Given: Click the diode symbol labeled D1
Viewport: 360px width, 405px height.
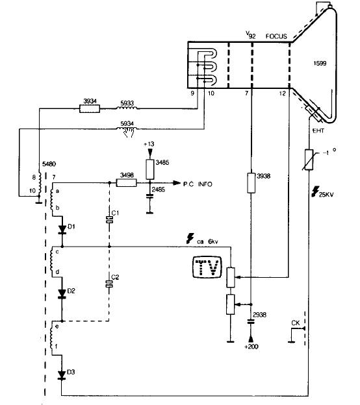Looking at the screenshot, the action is coord(62,229).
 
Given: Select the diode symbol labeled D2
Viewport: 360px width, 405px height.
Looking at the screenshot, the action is coord(62,293).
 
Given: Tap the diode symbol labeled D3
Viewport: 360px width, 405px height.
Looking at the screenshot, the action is coord(62,374).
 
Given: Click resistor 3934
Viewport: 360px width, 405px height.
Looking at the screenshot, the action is coord(90,109).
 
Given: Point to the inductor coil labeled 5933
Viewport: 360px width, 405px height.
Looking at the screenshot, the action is coord(127,108).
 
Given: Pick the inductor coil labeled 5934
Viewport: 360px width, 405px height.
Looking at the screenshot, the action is coord(127,129).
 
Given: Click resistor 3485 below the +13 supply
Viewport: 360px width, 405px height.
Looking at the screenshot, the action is coord(150,169).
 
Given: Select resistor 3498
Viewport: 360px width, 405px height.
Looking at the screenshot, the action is coord(126,183).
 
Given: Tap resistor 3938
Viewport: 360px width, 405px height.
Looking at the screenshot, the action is coord(251,183).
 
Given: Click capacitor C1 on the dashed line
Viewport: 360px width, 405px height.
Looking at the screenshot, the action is coord(109,220).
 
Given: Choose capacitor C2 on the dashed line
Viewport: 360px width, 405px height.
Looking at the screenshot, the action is coord(109,284).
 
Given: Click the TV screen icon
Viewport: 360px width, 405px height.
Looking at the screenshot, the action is coord(207,267).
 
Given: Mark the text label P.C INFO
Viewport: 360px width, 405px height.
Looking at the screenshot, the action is coord(198,184).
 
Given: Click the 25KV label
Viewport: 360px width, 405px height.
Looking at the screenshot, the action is coord(326,194).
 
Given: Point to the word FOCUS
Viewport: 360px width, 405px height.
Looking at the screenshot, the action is coord(276,36).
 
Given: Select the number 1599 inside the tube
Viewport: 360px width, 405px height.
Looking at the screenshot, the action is coord(320,64).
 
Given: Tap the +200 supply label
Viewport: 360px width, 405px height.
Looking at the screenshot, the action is coord(251,347).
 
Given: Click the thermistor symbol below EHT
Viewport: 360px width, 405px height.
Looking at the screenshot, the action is coord(309,160).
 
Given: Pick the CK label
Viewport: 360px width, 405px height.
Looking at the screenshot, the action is coord(296,323).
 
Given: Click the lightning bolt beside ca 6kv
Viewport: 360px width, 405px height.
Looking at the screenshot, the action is coord(190,238).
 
